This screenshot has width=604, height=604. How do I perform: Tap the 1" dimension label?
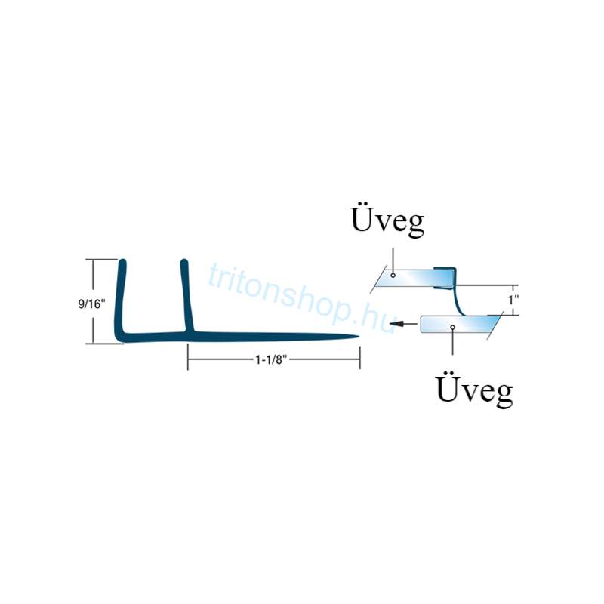[514, 300]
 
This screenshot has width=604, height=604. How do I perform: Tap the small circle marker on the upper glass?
[393, 276]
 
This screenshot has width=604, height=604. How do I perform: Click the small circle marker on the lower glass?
[451, 327]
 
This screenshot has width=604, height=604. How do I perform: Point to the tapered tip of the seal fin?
[355, 337]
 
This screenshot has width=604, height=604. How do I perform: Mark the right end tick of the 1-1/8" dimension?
[359, 360]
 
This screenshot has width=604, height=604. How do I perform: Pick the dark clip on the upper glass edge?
[447, 276]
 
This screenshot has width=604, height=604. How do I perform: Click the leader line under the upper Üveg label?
[392, 257]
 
